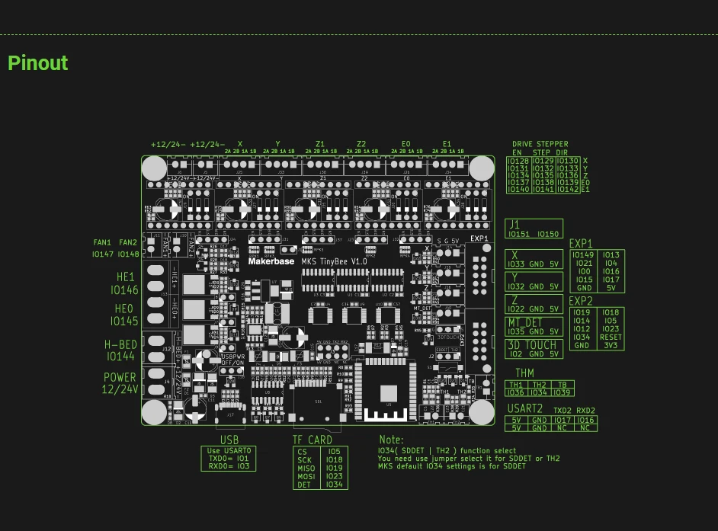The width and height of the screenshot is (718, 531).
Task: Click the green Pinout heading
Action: (38, 63)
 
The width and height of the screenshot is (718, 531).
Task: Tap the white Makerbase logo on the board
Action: (271, 261)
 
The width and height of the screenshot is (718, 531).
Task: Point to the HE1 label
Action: (125, 277)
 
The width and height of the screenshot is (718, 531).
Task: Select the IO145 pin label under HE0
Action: (124, 321)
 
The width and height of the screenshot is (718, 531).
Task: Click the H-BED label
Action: (120, 345)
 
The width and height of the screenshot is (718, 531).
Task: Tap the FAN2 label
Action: (128, 243)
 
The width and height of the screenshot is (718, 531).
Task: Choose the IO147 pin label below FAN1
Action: (103, 254)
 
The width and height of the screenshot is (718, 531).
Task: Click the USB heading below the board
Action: (229, 440)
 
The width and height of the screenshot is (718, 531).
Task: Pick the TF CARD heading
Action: (313, 440)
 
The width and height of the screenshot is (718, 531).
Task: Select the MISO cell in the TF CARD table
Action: (306, 469)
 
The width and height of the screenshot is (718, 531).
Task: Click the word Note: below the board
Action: (392, 440)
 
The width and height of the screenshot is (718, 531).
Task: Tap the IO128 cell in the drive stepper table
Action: (519, 162)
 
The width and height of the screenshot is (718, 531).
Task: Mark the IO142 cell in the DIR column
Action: (569, 190)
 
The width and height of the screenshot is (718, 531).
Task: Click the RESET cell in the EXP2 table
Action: (611, 337)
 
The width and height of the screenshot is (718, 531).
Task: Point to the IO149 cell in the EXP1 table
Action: (583, 255)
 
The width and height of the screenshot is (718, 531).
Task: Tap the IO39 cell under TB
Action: (563, 392)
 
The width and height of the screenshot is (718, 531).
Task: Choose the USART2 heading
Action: (524, 409)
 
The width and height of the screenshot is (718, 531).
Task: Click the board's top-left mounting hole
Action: (154, 168)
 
